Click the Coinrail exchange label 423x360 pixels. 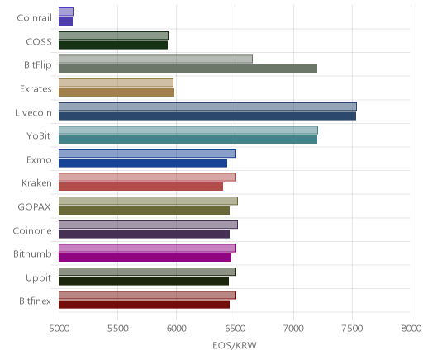coord(34,18)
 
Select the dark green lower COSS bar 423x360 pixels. coord(113,45)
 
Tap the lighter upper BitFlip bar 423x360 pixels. coord(155,59)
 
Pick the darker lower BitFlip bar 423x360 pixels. coord(188,69)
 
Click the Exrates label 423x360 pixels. coord(36,89)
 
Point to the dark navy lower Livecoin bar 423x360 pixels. coord(207,116)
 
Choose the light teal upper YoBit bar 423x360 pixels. coord(188,130)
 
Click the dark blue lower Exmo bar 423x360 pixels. coord(143,163)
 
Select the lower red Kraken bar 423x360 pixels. coord(141,187)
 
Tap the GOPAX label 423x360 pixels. coord(34,207)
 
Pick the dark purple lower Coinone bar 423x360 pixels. coord(145,234)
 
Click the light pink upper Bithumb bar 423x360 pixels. coord(147,249)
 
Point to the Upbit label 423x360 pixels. coord(38,278)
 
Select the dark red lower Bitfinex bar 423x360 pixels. coord(145,305)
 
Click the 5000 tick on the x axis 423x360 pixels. coord(59,329)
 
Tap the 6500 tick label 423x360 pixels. coord(235,329)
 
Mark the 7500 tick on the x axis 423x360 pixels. coord(352,329)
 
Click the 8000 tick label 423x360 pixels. coord(411,329)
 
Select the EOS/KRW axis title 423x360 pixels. coord(235,345)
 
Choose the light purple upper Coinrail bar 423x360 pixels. coord(66,12)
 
